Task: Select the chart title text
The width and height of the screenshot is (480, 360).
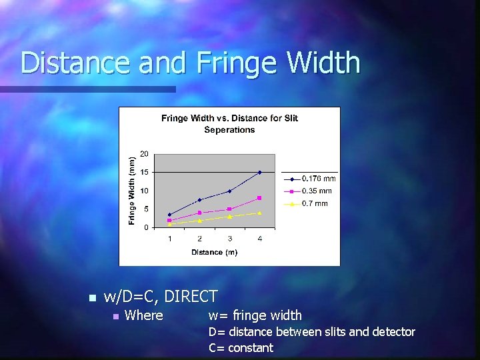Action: coord(229,124)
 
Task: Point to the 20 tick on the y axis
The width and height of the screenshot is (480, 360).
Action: coord(143,154)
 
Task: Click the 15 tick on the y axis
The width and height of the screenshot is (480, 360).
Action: coord(143,172)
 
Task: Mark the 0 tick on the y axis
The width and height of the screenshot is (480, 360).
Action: coord(145,227)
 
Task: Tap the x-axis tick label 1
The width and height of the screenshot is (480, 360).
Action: coord(169,238)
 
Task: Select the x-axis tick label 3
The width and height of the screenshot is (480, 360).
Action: coord(229,238)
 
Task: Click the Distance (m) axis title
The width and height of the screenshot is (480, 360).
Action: coord(214,252)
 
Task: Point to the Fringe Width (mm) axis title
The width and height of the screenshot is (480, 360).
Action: coord(131,191)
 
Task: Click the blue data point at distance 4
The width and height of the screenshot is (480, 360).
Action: coord(259,172)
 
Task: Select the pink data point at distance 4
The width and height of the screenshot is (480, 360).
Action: coord(259,198)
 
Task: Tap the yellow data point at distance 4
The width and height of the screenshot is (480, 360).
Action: coord(259,213)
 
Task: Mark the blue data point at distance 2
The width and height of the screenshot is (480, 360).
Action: coord(199,200)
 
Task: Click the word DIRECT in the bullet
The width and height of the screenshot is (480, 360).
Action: coord(191,297)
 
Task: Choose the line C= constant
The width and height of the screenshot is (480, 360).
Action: coord(241,347)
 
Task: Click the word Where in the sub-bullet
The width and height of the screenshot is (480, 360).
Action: coord(143,315)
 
